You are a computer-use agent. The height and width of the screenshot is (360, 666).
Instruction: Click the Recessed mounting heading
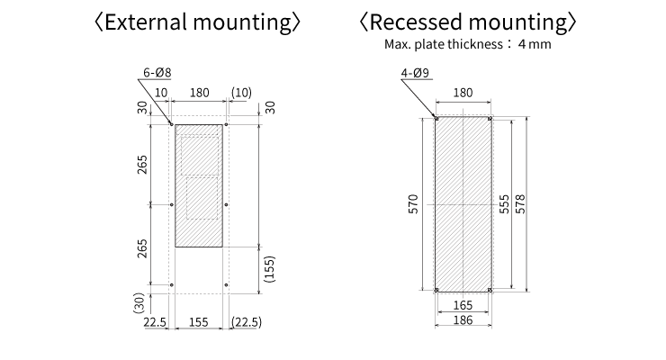[x=467, y=22]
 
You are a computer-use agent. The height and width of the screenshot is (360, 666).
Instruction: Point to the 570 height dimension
[x=413, y=205]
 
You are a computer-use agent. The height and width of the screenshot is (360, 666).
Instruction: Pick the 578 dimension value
[x=521, y=205]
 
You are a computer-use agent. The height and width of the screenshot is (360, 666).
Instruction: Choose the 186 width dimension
[x=463, y=321]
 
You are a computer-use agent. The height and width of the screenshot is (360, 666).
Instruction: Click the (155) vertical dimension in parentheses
[x=269, y=268]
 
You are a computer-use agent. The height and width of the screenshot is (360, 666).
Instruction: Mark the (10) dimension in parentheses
[x=240, y=93]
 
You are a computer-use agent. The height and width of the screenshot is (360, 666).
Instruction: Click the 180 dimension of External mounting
[x=199, y=93]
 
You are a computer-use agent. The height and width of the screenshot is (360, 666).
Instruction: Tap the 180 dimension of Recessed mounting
[x=463, y=93]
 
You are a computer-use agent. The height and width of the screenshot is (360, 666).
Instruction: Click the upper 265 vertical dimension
[x=143, y=165]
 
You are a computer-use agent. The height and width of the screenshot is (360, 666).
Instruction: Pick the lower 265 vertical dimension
[x=143, y=247]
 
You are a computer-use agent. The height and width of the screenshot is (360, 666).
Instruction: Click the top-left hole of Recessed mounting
[x=436, y=118]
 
